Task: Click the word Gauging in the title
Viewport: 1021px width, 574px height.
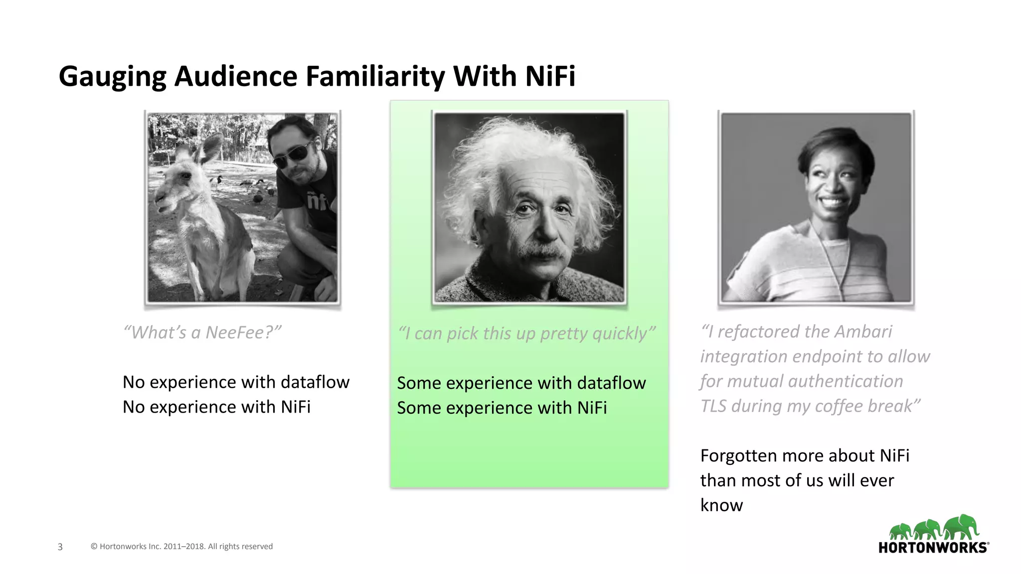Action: pyautogui.click(x=112, y=77)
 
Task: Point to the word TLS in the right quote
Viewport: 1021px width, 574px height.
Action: pyautogui.click(x=713, y=406)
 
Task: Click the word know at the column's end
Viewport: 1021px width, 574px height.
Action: pyautogui.click(x=721, y=505)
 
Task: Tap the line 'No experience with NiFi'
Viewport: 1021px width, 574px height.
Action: pyautogui.click(x=216, y=407)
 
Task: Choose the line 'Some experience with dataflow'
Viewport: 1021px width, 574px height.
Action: pyautogui.click(x=521, y=383)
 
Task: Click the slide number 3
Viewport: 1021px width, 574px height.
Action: pyautogui.click(x=60, y=547)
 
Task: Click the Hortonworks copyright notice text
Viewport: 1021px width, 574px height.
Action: pyautogui.click(x=181, y=547)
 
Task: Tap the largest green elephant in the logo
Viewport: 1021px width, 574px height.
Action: pyautogui.click(x=961, y=527)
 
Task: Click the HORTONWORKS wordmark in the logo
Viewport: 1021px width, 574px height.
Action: pyautogui.click(x=932, y=548)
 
